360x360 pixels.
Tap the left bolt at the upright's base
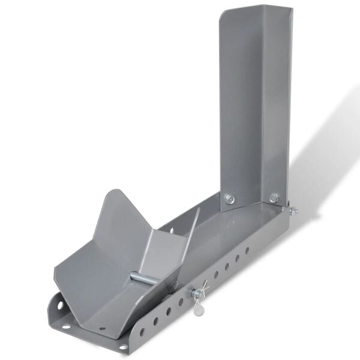(x=230, y=199)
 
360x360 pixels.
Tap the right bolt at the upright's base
(x=274, y=197)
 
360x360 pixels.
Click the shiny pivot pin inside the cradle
(x=144, y=278)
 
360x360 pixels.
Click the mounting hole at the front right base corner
(x=123, y=347)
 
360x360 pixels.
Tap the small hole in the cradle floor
(x=102, y=329)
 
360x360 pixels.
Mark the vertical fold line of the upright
(x=263, y=108)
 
